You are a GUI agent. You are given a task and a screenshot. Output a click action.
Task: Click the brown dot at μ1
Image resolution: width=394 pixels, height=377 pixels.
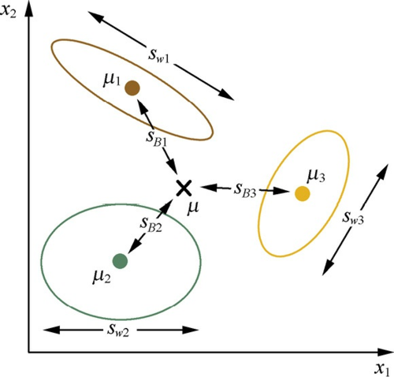pos(132,88)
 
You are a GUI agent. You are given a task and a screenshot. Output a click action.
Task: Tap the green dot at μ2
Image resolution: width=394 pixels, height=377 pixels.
pos(120,261)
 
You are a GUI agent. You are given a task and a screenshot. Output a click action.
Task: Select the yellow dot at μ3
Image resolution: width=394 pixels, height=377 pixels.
pos(303,194)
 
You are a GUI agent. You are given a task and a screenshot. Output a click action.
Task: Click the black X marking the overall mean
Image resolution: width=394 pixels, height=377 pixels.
pos(184,188)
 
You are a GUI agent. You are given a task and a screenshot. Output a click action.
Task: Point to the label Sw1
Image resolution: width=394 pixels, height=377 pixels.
pos(159,55)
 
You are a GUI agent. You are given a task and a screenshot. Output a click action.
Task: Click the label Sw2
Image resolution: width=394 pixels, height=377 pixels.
pos(118,330)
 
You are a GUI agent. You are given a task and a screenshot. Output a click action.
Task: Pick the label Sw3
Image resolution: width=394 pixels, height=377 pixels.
pos(353,218)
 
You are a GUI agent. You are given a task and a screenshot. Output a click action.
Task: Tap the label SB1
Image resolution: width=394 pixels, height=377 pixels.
pos(157,138)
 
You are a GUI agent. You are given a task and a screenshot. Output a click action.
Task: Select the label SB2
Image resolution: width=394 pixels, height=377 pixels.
pos(151,225)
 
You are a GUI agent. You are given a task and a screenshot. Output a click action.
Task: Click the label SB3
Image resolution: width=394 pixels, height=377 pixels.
pos(245,190)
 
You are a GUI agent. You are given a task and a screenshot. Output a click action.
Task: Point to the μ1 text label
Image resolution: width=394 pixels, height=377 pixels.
pos(111,80)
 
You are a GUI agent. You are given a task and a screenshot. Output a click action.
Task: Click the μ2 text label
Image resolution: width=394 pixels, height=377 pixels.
pos(102,277)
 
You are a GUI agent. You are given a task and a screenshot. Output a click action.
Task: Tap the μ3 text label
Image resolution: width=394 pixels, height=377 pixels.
pos(316,176)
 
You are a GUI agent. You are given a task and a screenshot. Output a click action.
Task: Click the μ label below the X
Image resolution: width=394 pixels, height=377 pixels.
pos(193,207)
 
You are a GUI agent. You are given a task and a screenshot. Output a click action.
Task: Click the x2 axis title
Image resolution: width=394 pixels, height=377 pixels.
pos(9,12)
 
